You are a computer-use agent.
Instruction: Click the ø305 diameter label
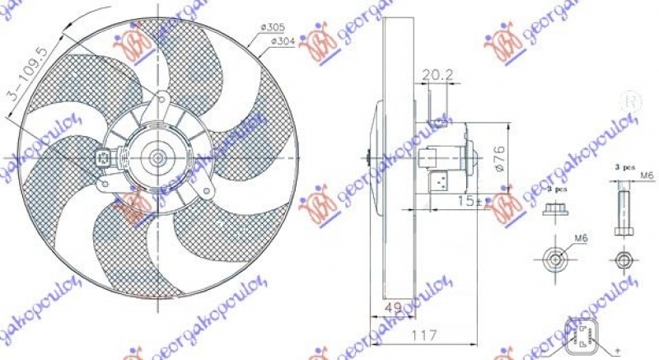click(x=271, y=29)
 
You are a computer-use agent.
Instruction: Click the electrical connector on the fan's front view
click(x=105, y=158)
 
